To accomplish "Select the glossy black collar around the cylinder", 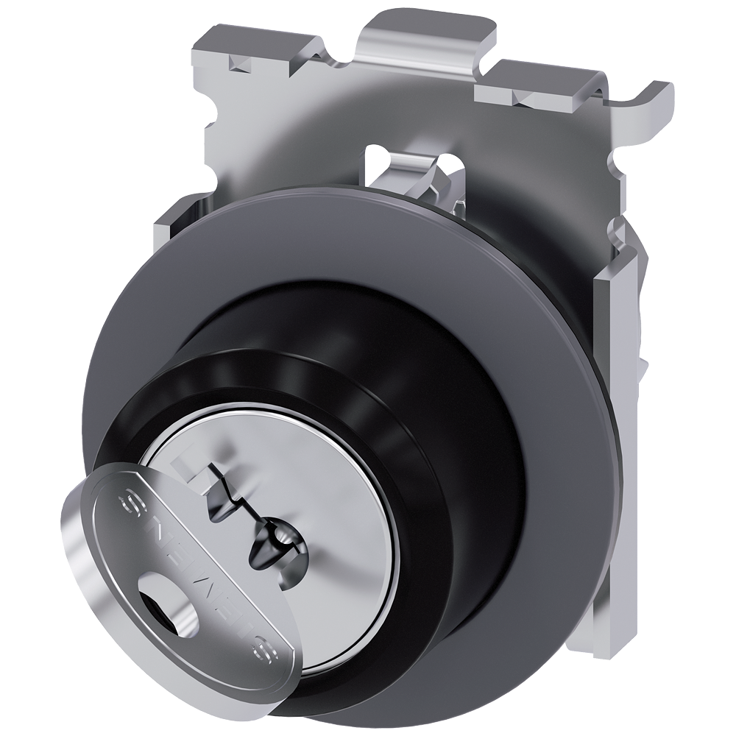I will [x=412, y=412].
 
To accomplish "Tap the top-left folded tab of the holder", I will [x=243, y=48].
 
